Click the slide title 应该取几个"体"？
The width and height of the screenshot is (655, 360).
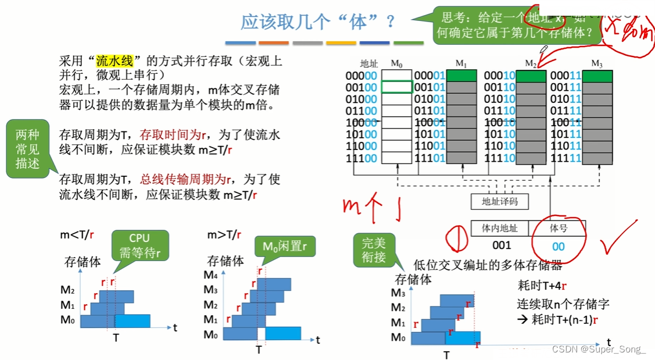tap(318, 22)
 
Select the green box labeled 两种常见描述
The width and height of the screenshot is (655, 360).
tap(27, 149)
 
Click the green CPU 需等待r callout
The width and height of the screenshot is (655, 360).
tap(139, 245)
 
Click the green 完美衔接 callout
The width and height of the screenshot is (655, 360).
tap(374, 249)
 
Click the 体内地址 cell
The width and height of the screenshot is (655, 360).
tap(500, 229)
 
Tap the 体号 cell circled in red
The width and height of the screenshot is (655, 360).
tap(559, 229)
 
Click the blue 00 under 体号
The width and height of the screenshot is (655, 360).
tap(559, 247)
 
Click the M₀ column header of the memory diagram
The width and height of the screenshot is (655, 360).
tap(396, 63)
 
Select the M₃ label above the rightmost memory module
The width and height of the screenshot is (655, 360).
tap(597, 63)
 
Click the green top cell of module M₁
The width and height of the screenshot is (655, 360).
tap(461, 76)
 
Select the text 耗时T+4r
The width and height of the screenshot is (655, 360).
tap(542, 286)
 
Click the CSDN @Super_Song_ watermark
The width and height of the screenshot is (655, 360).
tap(599, 350)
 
